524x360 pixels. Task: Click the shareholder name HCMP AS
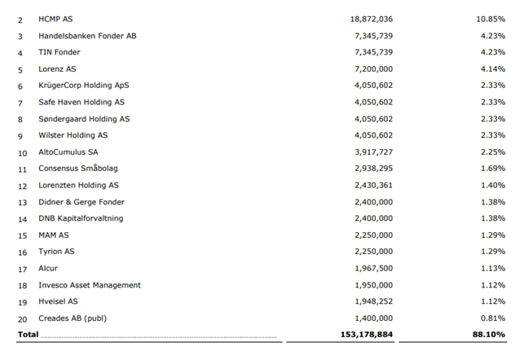(x=59, y=17)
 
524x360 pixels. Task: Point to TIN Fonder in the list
(x=61, y=52)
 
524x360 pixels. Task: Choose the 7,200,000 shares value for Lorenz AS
(x=373, y=69)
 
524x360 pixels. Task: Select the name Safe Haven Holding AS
(x=82, y=102)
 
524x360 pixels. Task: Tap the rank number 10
(x=22, y=152)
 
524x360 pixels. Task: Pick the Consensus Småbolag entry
(x=79, y=169)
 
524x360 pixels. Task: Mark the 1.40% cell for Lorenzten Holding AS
(x=491, y=185)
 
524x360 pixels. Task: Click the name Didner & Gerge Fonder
(x=81, y=202)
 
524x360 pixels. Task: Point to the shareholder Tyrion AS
(x=56, y=252)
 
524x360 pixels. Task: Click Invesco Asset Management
(x=90, y=285)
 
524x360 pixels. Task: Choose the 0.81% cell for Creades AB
(x=491, y=318)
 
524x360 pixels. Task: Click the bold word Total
(x=29, y=335)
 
